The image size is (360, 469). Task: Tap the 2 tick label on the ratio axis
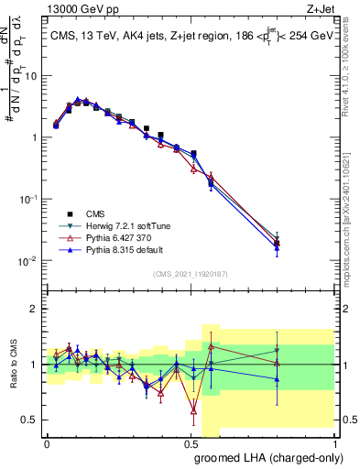coord(33,309)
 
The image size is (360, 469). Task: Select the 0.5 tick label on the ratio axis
coord(29,420)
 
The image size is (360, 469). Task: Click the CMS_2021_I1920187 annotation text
coord(190,273)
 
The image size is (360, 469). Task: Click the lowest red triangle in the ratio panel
coord(193,410)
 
